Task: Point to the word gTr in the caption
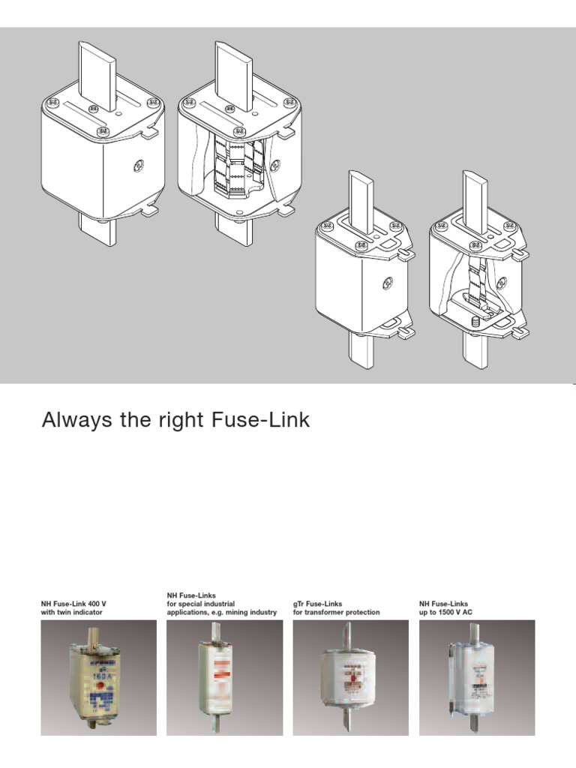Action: coord(299,603)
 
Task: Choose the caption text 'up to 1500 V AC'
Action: coord(447,613)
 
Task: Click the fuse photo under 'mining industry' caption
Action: coord(223,677)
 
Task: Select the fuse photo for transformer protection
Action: coord(349,677)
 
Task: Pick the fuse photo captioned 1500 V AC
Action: coord(476,677)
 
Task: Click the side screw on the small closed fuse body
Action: coord(388,283)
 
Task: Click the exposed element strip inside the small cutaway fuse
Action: coord(473,281)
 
